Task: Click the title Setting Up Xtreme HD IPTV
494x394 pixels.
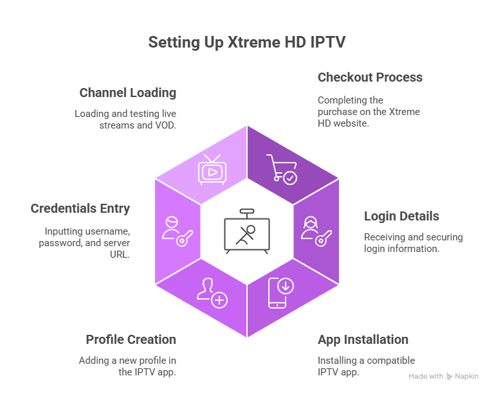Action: click(x=246, y=42)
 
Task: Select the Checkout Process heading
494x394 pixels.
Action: click(x=370, y=77)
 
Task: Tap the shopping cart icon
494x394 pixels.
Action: click(x=281, y=169)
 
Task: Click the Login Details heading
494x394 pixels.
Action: click(x=401, y=216)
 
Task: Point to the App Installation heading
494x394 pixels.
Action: click(x=363, y=339)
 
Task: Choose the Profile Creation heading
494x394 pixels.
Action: click(x=131, y=339)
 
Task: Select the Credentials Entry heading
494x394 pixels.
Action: click(x=80, y=209)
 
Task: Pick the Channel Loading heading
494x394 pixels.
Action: click(x=127, y=93)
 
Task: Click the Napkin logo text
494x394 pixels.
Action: click(x=467, y=377)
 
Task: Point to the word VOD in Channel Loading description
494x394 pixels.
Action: click(x=165, y=125)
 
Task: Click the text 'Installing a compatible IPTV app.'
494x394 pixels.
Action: click(x=366, y=366)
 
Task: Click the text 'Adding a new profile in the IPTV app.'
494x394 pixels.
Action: click(x=127, y=366)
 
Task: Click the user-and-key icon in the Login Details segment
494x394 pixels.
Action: click(x=315, y=231)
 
